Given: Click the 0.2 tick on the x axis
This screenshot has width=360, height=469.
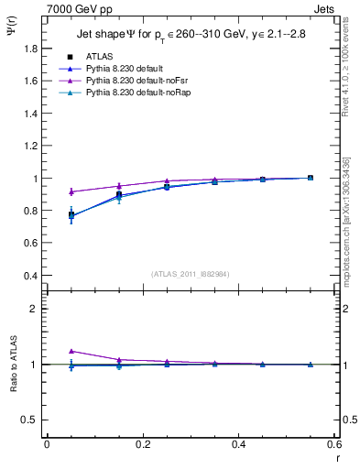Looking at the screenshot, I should point(142,443).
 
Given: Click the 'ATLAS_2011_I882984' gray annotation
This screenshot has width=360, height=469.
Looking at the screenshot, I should point(191,273).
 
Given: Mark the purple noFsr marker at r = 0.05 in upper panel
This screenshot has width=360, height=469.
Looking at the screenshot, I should point(71,191).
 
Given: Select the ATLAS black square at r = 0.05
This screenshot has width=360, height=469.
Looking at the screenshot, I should point(71,215).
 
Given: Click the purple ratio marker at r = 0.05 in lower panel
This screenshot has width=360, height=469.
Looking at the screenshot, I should point(71,351).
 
